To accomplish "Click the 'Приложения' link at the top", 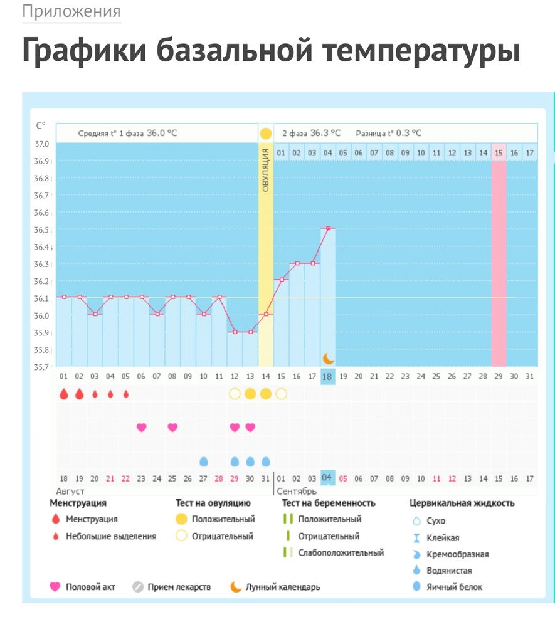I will [x=71, y=11].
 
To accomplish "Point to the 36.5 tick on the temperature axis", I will [x=41, y=230].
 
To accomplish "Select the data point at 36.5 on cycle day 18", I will [x=327, y=228].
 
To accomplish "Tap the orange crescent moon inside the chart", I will [x=329, y=358].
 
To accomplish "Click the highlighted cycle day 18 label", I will [x=327, y=376].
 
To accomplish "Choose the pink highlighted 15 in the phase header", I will [x=499, y=152].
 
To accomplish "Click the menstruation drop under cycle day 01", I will [x=63, y=394].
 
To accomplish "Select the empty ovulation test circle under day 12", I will [x=235, y=394].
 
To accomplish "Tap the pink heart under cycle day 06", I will [x=141, y=427].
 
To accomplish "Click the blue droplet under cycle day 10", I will [x=203, y=461].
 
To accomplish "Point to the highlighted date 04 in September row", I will [x=327, y=478].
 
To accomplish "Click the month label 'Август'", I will [x=71, y=491].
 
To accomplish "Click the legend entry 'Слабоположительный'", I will [x=341, y=552].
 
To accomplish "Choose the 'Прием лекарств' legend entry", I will [x=179, y=587].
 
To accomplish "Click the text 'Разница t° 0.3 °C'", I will [x=389, y=133].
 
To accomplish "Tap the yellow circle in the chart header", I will [x=266, y=134].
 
